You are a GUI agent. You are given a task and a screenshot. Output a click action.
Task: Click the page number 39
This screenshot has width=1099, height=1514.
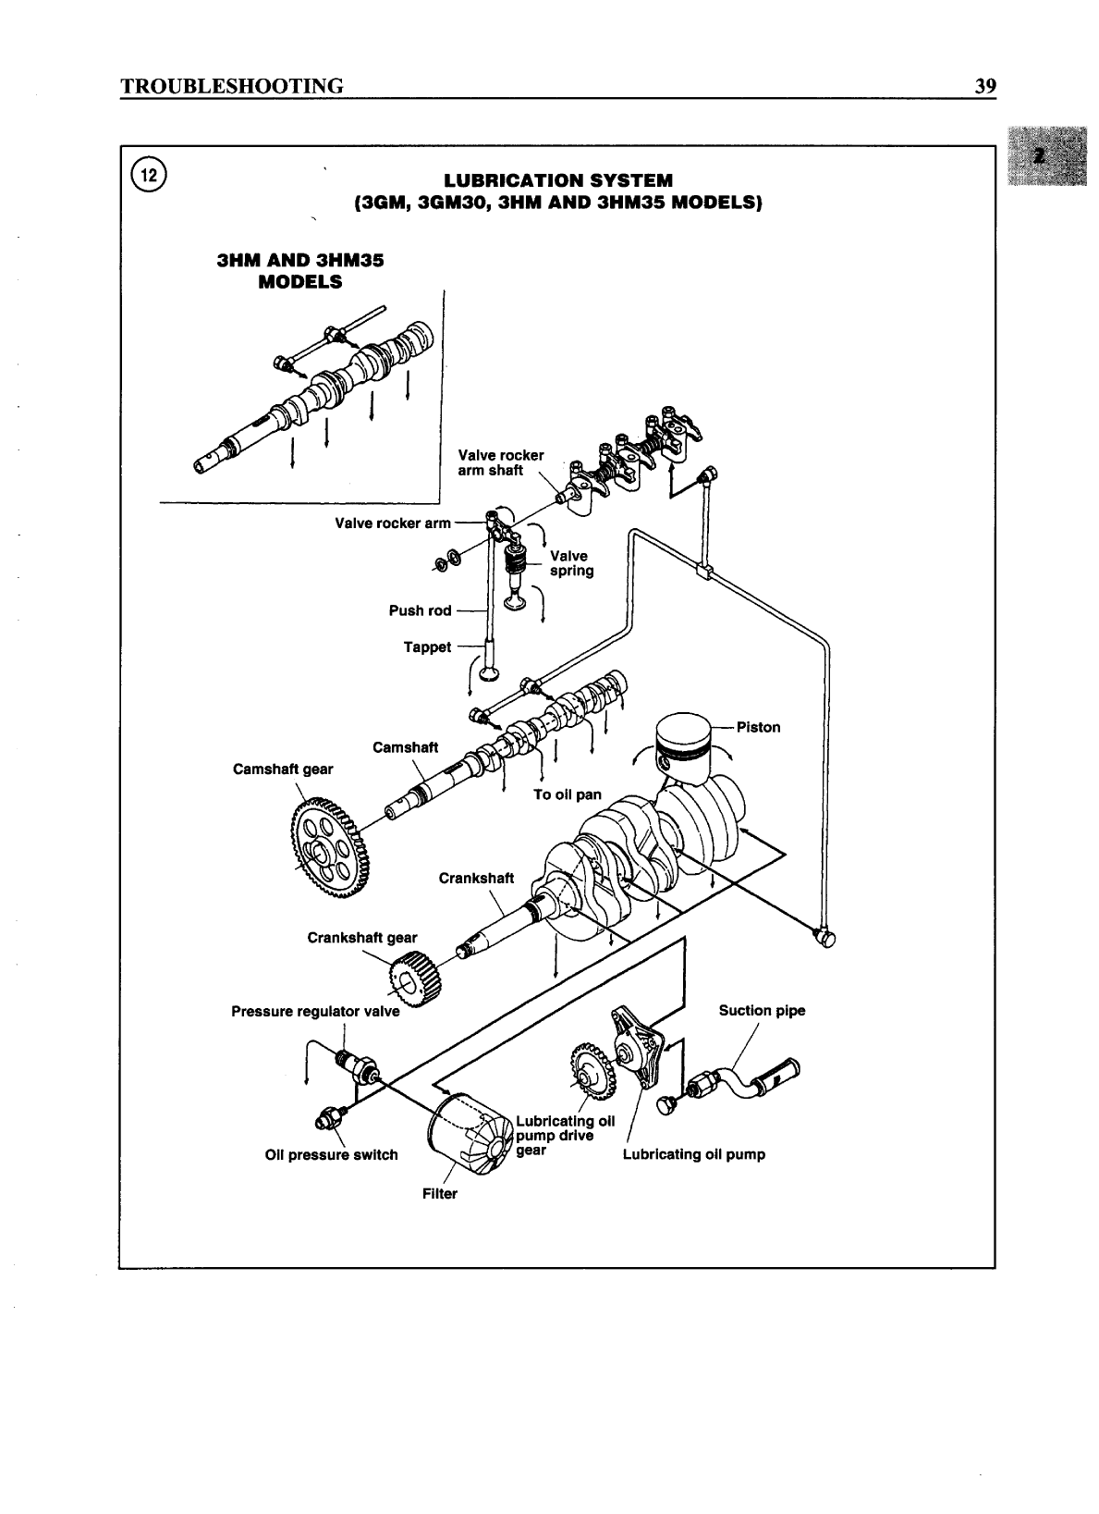984,87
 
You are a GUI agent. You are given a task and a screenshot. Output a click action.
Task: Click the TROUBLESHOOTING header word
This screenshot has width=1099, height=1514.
232,87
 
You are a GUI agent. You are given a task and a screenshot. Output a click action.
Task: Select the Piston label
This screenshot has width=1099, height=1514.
759,727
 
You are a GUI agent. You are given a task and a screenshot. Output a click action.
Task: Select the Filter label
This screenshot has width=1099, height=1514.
440,1194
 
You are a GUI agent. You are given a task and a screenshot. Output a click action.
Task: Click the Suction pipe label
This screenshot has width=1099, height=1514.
762,1011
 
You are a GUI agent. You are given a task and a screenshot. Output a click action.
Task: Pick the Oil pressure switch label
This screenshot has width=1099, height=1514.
331,1155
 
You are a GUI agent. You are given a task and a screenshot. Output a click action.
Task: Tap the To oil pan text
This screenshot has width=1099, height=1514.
567,794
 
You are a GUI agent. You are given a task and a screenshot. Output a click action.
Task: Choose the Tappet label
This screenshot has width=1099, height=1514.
427,647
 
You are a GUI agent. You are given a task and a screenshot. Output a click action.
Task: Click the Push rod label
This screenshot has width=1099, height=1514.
420,610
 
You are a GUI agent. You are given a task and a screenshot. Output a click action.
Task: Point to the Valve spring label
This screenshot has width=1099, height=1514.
570,563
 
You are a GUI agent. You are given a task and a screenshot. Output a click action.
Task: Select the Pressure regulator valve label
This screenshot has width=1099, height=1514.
315,1012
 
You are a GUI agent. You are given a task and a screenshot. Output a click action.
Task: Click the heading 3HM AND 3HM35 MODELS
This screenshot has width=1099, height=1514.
299,271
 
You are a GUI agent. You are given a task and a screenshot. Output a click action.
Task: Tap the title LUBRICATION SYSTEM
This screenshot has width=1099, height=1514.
558,179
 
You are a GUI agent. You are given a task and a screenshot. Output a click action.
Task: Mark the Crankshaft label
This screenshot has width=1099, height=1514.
476,879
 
